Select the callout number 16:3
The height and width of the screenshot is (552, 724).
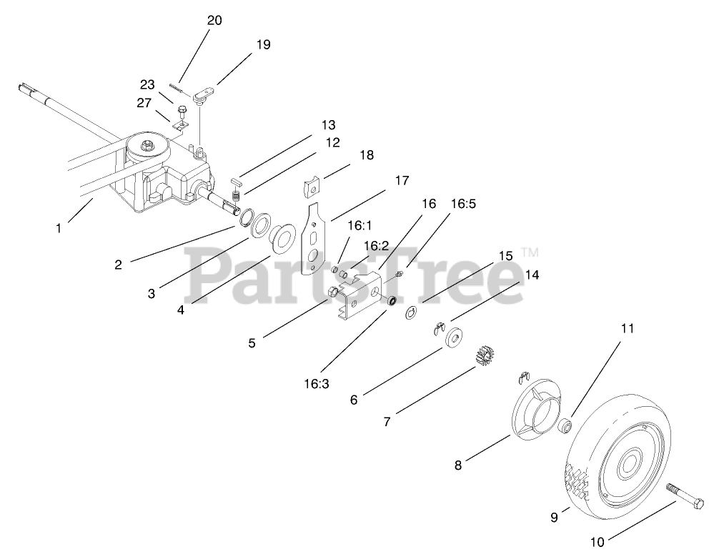point(315,383)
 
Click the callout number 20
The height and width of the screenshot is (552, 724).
point(214,21)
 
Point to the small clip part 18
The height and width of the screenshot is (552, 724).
point(310,187)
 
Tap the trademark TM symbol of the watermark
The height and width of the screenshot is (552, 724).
point(529,252)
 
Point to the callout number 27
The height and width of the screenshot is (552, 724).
point(144,103)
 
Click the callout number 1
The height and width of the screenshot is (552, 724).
point(58,229)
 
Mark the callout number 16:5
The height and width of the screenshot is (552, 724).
point(462,204)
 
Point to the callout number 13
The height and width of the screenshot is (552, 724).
point(327,125)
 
